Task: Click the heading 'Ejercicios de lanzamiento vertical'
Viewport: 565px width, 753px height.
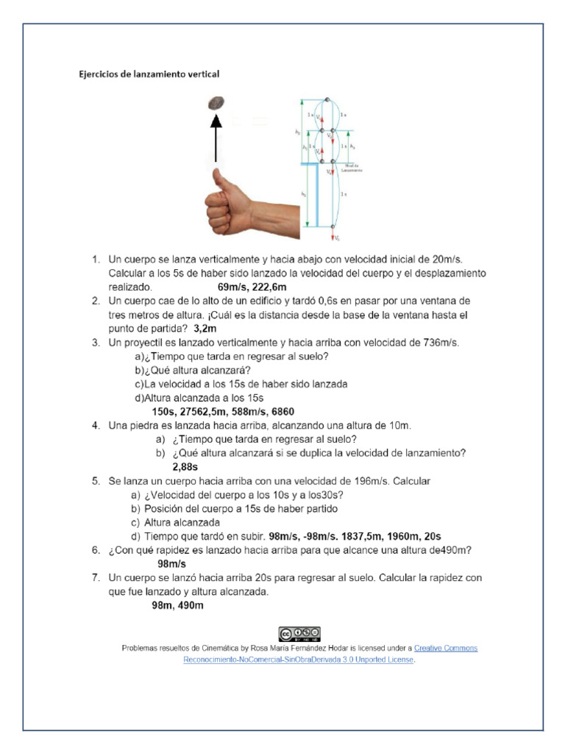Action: pos(149,74)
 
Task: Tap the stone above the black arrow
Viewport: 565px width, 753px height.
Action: pos(217,102)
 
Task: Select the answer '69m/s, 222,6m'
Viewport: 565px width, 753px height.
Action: pos(252,287)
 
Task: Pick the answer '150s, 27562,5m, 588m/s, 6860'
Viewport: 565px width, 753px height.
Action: pos(223,411)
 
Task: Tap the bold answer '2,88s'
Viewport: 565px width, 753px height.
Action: pos(185,467)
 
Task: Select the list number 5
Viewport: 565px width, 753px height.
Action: pos(96,481)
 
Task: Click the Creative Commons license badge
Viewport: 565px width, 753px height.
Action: pos(299,634)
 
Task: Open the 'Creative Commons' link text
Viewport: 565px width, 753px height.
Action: pos(446,649)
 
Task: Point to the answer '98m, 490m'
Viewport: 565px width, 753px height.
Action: pos(177,605)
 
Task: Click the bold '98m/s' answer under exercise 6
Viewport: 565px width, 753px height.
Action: pos(172,563)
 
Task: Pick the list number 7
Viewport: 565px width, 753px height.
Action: pos(96,578)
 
